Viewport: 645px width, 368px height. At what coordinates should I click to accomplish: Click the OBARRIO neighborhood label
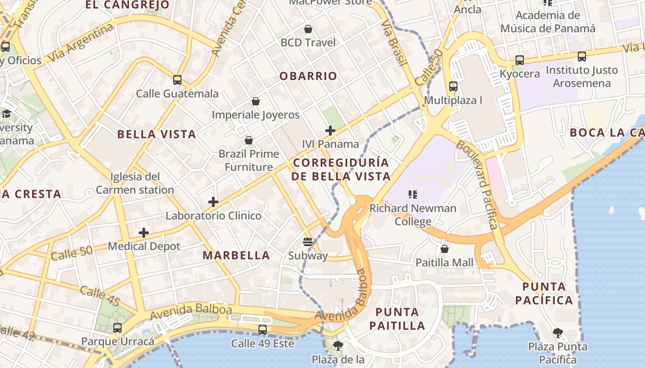point(308,76)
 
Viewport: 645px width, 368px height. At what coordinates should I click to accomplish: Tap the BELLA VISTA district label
point(157,134)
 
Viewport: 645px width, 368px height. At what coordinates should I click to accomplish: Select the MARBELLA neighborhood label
point(236,255)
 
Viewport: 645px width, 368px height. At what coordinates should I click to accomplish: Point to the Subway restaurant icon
point(308,241)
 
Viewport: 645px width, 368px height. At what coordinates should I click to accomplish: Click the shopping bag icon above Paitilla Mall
point(445,249)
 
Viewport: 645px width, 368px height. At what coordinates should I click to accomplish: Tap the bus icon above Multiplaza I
point(453,86)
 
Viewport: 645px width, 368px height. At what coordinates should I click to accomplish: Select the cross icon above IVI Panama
point(330,131)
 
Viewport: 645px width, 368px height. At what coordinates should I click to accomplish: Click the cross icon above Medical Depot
point(144,233)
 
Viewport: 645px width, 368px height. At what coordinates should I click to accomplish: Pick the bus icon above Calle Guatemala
point(177,80)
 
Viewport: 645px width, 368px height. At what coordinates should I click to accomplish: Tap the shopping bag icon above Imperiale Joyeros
point(256,101)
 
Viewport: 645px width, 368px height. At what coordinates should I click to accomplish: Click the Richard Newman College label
point(413,214)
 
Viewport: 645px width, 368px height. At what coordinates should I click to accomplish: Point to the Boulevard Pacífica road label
point(483,184)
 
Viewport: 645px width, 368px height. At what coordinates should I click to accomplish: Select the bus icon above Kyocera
point(520,60)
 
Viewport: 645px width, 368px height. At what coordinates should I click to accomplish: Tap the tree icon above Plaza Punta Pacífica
point(557,333)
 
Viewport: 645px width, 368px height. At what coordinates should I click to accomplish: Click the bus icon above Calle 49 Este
point(263,329)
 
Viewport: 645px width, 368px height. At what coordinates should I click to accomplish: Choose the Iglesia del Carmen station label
point(135,183)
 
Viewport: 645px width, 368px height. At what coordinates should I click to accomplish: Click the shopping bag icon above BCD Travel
point(308,29)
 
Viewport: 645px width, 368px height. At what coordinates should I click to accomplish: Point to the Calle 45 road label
point(100,296)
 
